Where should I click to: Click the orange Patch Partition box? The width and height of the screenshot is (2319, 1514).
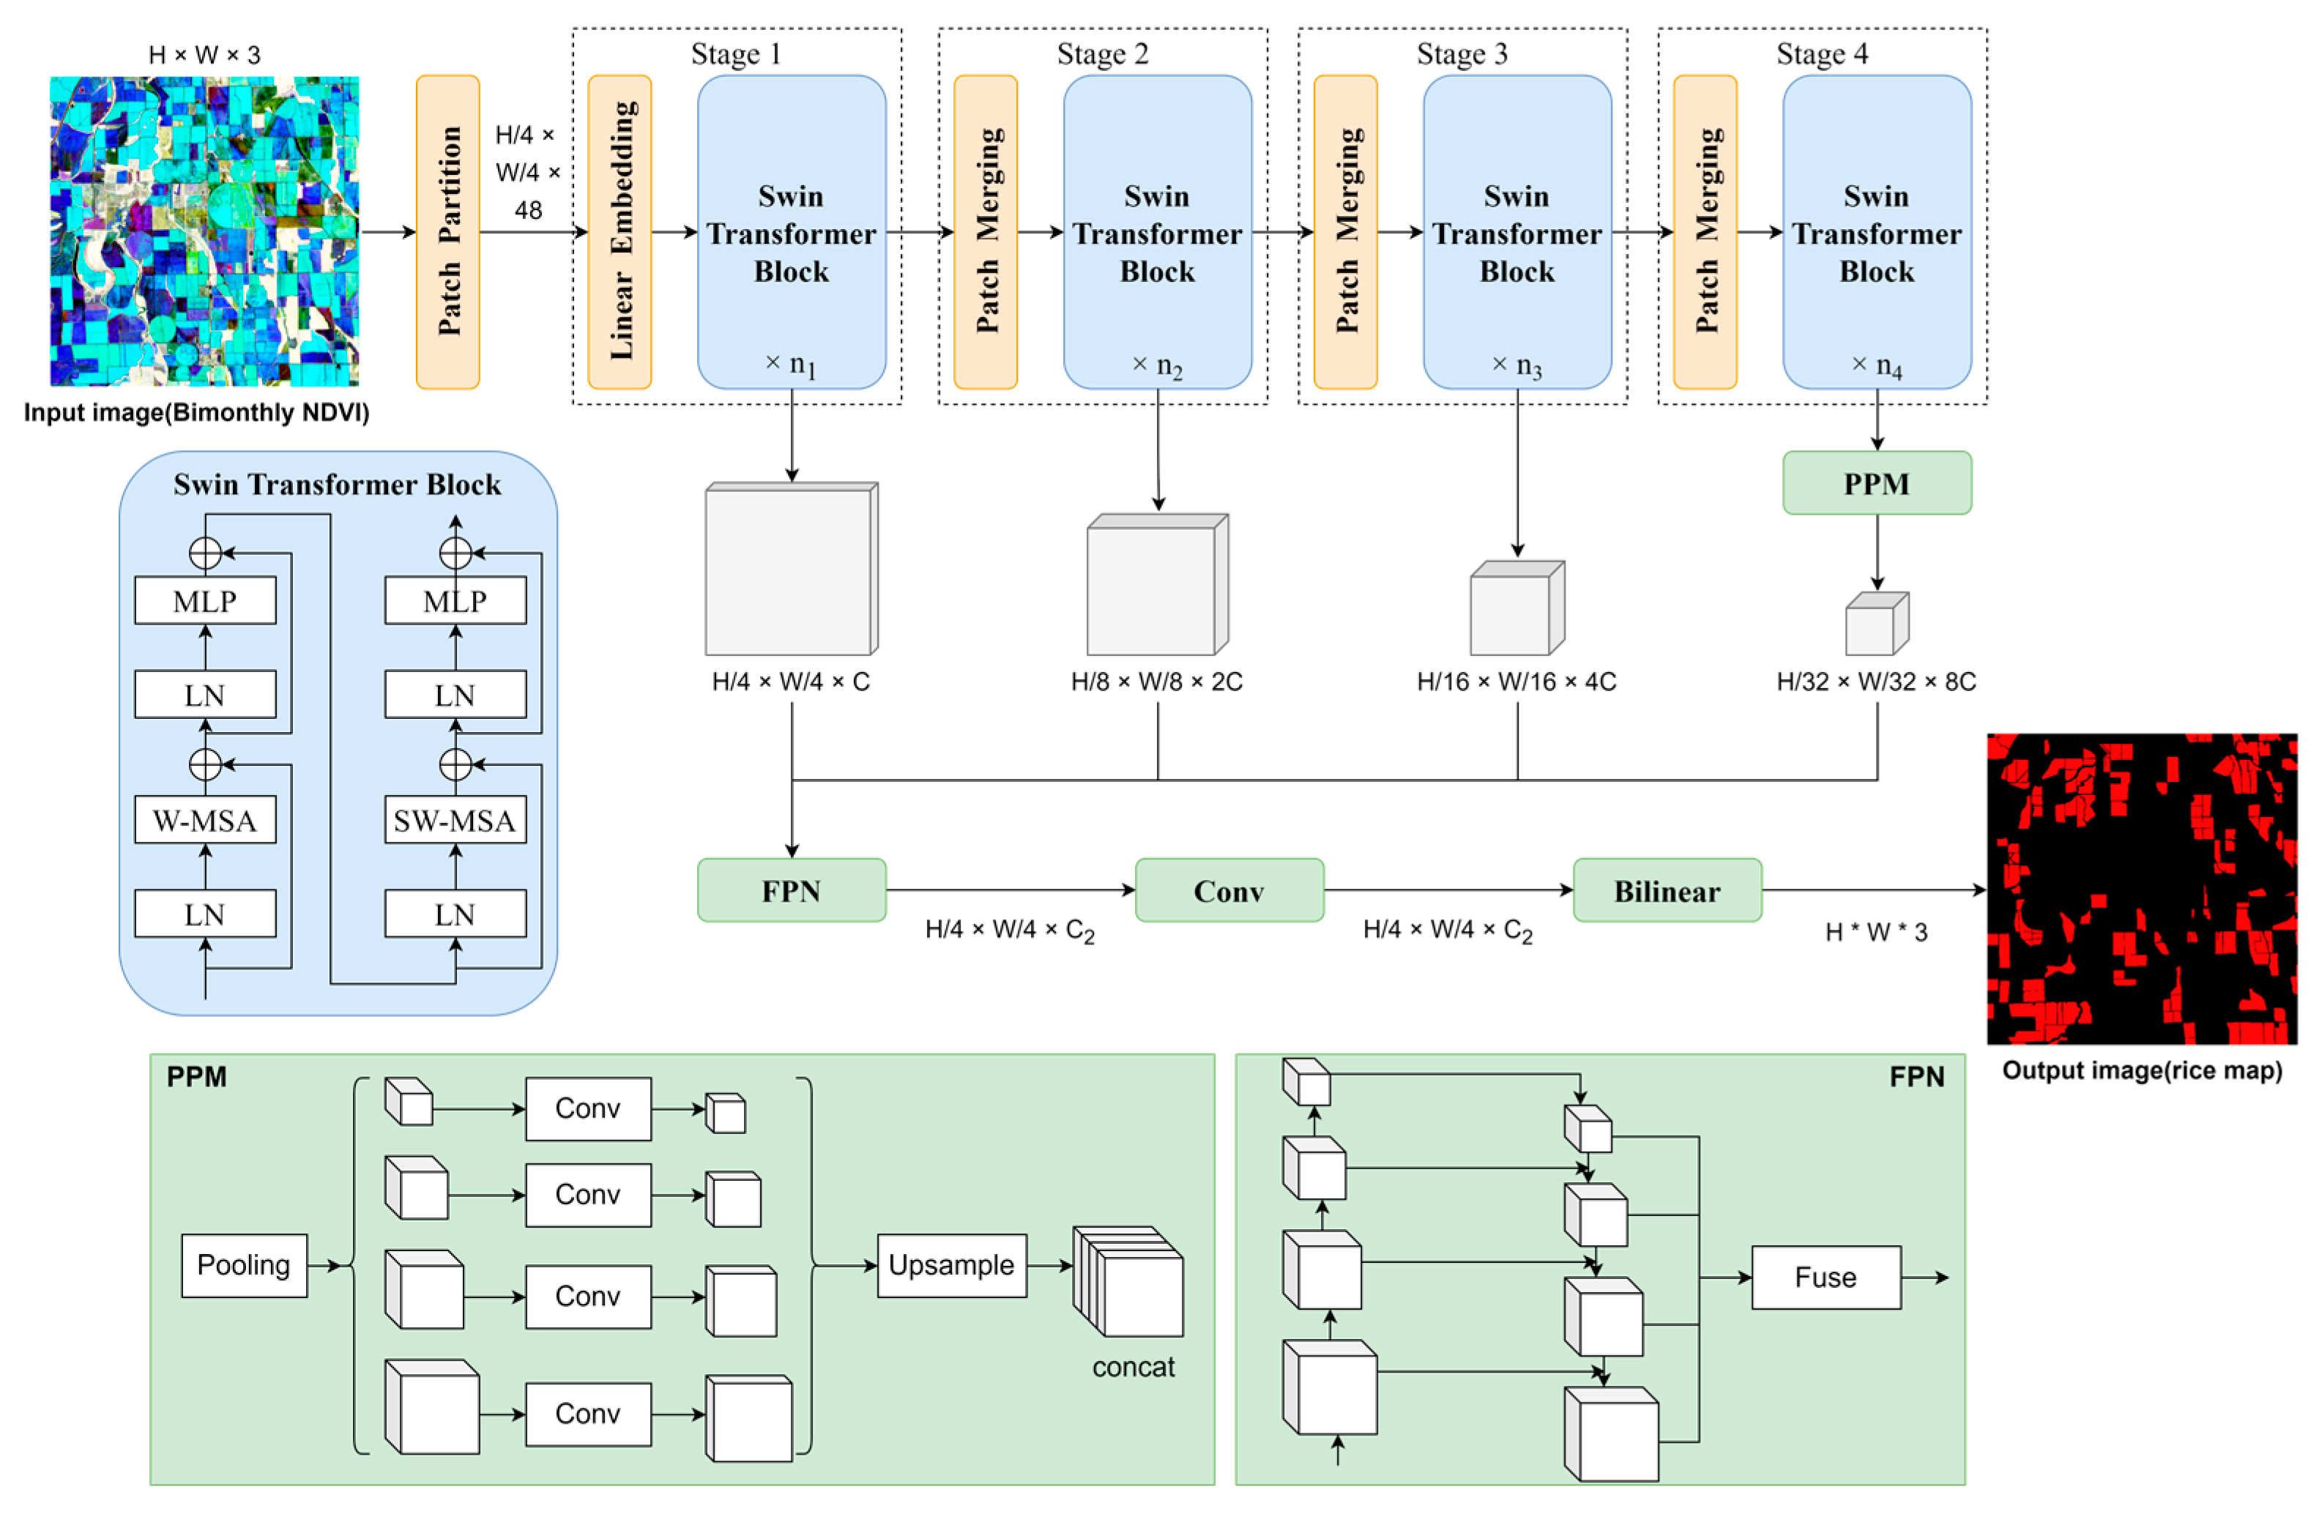(x=447, y=232)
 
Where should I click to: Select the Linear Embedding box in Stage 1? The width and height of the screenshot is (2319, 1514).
(x=619, y=232)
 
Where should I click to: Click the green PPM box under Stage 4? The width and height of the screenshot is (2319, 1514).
(x=1876, y=483)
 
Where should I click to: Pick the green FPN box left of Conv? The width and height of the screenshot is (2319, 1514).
(x=792, y=890)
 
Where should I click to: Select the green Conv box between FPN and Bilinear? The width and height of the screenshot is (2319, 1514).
(x=1229, y=890)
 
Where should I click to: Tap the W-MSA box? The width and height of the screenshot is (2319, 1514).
(x=204, y=820)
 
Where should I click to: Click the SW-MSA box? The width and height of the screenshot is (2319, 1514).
(x=455, y=820)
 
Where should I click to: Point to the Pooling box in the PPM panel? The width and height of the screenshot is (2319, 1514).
(x=244, y=1264)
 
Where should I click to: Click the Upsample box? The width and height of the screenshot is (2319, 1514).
(x=951, y=1264)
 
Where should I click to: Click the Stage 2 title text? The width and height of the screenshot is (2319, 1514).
(x=1102, y=53)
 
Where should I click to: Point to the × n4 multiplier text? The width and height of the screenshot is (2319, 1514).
(x=1876, y=365)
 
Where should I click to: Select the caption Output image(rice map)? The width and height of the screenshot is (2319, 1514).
(x=2142, y=1071)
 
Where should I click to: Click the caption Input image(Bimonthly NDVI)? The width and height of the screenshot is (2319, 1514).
(x=197, y=413)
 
